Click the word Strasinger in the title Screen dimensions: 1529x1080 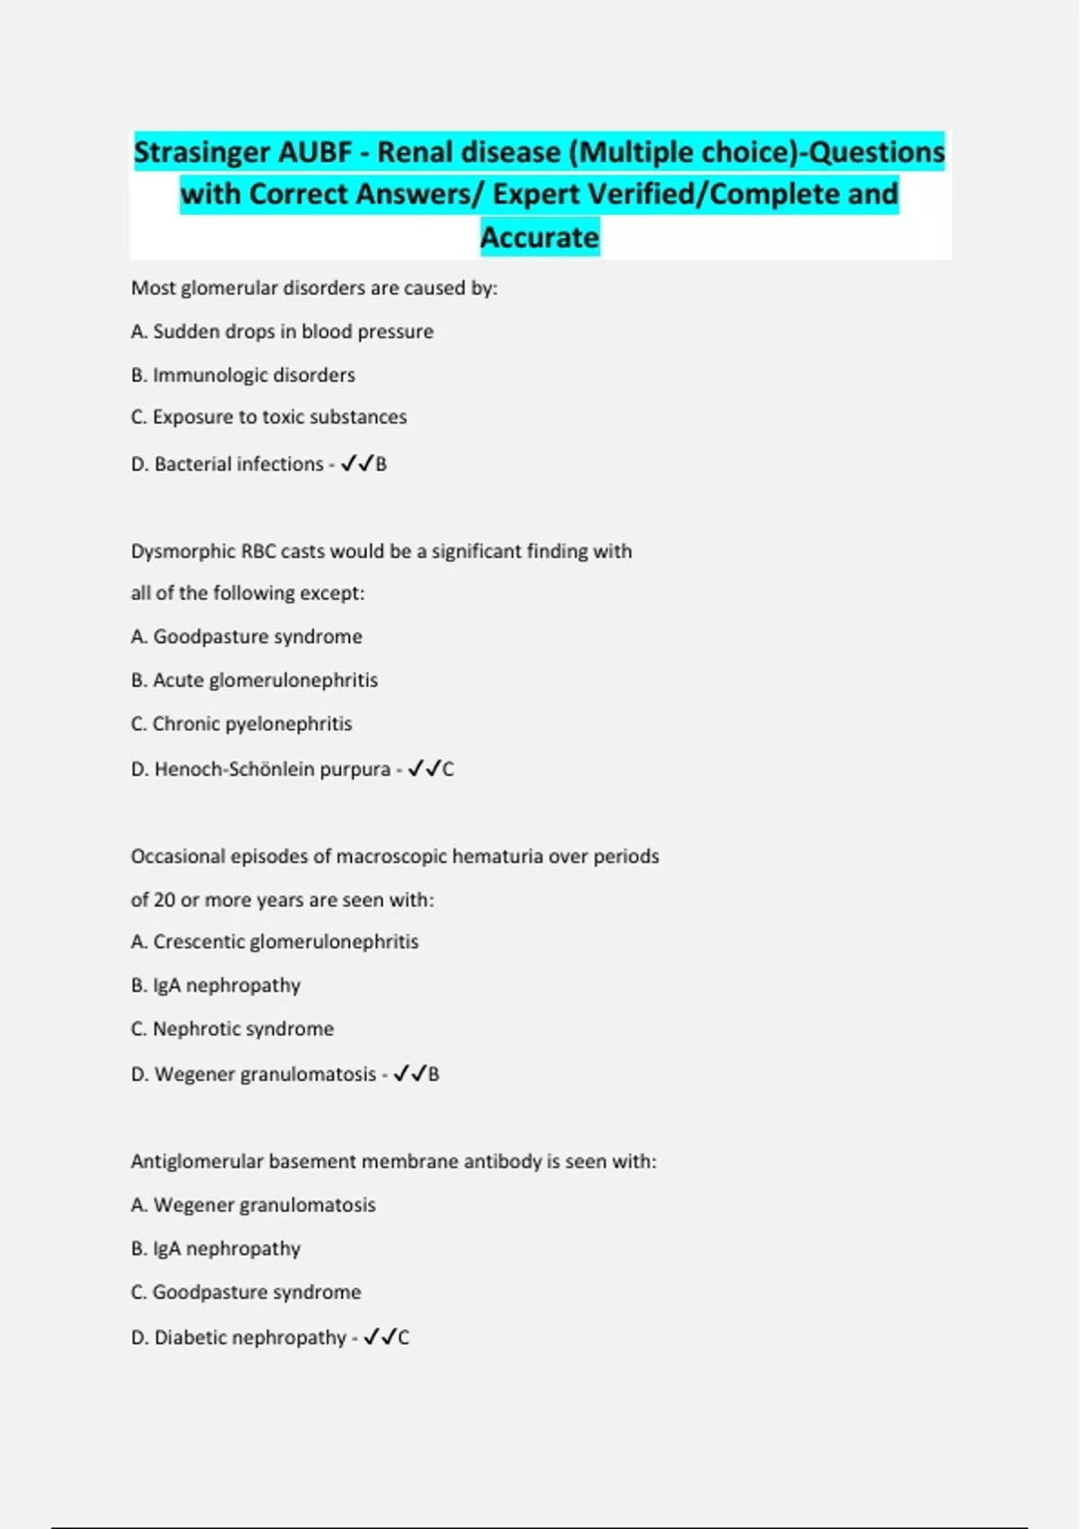[x=202, y=152]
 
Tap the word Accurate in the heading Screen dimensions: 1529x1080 [x=539, y=237]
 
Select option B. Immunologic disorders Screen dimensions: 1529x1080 [x=243, y=375]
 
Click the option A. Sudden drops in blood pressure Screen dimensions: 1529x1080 [x=282, y=332]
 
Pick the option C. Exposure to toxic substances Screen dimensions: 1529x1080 [x=268, y=417]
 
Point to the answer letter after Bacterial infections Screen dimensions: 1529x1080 [x=382, y=464]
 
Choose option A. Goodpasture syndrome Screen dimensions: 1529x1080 [x=247, y=637]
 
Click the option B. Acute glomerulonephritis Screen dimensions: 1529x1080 [x=254, y=680]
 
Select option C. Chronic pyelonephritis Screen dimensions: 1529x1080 [x=241, y=724]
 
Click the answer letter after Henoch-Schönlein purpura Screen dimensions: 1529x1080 [x=448, y=769]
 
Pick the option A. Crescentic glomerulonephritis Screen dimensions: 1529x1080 [x=274, y=942]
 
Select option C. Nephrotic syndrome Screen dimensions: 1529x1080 [x=232, y=1029]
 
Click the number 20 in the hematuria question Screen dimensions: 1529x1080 [x=165, y=900]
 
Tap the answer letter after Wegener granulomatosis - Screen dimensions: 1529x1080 [x=434, y=1074]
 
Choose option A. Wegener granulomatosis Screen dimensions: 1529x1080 [x=253, y=1205]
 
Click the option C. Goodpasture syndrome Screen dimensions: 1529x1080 [x=246, y=1292]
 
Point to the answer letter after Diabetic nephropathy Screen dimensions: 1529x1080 [x=403, y=1337]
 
